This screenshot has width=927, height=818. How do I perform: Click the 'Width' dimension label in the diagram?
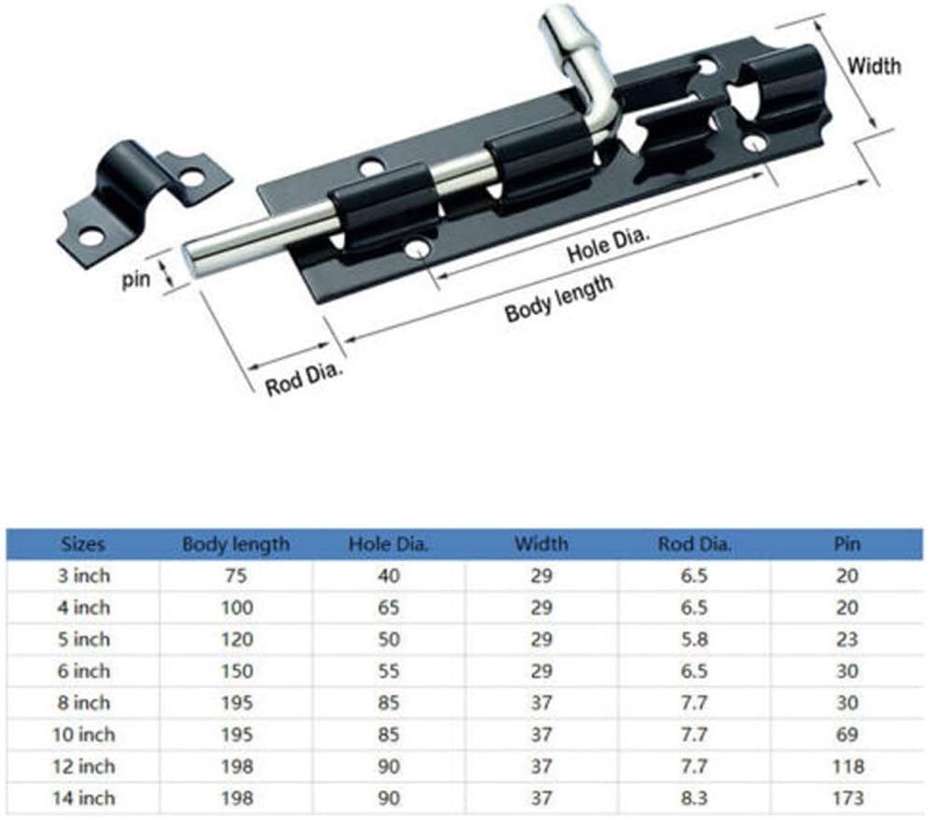(875, 65)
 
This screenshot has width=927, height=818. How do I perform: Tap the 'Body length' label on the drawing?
(559, 299)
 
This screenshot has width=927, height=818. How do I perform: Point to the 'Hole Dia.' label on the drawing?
(607, 244)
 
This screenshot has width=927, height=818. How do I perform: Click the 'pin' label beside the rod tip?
(136, 279)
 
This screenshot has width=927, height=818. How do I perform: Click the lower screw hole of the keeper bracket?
(91, 237)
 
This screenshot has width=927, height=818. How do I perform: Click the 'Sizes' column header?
(83, 544)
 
